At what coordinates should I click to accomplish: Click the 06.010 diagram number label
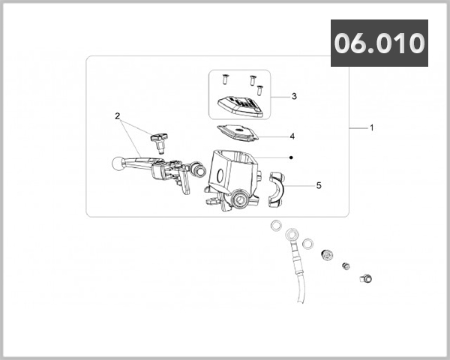point(379,43)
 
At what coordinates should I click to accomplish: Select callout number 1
point(370,127)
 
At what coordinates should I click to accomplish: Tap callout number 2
point(118,115)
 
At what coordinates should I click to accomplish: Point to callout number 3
point(294,96)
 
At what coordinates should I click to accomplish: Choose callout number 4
point(292,136)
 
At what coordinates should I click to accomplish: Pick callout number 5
point(318,184)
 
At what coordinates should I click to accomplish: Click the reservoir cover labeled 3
point(241,107)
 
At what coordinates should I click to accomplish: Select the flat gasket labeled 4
point(238,133)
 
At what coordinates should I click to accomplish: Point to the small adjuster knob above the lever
point(158,139)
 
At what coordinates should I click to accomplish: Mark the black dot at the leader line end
point(290,157)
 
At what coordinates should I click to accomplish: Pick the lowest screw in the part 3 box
point(260,89)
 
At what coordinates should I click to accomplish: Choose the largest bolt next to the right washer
point(327,255)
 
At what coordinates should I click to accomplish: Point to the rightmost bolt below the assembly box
point(365,279)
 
